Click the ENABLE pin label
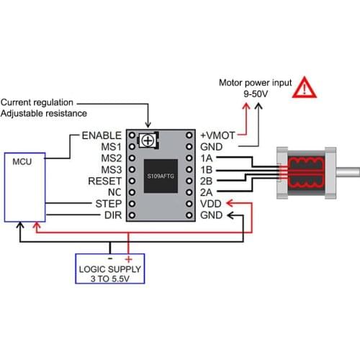tap(102, 135)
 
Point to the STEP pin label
tap(109, 204)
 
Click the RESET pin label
tap(104, 181)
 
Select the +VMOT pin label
tap(215, 135)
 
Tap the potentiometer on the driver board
tap(148, 140)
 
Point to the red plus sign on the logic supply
tap(128, 258)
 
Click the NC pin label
tap(114, 192)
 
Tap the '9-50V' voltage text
tap(256, 94)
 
